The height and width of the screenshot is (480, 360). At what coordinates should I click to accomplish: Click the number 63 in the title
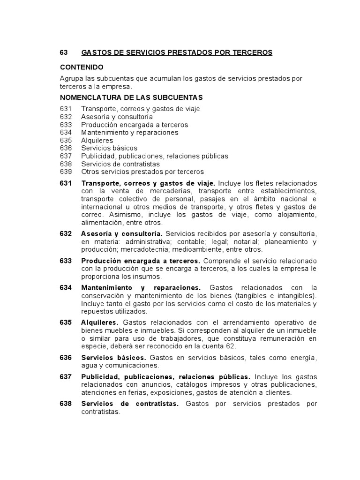[x=64, y=52]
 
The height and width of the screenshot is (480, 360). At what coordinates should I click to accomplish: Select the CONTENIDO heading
[x=82, y=67]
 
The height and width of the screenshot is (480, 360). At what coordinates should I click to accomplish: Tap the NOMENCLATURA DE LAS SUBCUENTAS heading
[x=131, y=97]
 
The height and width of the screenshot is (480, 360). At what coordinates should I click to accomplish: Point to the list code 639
[x=66, y=172]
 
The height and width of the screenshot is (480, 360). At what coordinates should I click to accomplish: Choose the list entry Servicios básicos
[x=109, y=148]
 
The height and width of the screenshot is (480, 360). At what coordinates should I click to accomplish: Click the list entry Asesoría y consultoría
[x=117, y=117]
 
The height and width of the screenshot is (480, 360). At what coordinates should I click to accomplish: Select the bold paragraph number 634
[x=66, y=287]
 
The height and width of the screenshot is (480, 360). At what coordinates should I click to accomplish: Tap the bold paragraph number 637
[x=66, y=377]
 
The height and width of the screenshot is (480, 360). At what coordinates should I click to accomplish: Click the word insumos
[x=146, y=277]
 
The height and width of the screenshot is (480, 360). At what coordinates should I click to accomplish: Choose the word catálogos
[x=177, y=385]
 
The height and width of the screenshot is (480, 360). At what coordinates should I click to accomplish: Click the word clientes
[x=277, y=393]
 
